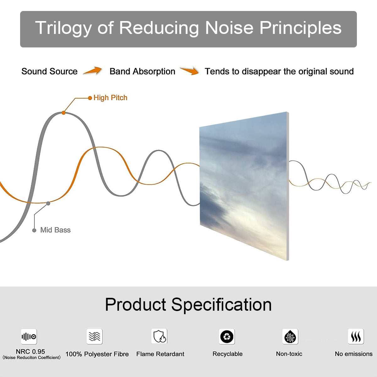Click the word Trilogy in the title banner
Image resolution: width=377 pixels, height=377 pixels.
[63, 28]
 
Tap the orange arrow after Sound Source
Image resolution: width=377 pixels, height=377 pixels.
[93, 71]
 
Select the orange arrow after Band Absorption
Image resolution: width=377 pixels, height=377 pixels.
[189, 71]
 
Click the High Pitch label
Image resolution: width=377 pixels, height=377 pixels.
[110, 98]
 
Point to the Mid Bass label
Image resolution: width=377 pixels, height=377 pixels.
[55, 230]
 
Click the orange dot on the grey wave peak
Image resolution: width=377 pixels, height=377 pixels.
[63, 113]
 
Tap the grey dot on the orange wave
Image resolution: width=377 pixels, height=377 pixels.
[48, 204]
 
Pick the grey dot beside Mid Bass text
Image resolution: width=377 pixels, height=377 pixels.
[34, 230]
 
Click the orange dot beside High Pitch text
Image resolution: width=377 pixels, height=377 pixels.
[90, 98]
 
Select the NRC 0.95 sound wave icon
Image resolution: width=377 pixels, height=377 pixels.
[29, 336]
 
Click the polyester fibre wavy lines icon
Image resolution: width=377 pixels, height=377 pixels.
[95, 336]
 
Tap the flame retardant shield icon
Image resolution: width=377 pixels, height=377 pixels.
[160, 336]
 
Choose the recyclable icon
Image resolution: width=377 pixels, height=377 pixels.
[227, 336]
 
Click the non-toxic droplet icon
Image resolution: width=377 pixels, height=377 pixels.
[290, 336]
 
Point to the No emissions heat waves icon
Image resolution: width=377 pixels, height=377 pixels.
[356, 336]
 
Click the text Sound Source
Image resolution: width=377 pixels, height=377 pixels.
[50, 71]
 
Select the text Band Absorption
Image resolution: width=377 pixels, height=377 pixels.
[142, 72]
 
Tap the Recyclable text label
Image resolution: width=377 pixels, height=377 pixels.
[227, 354]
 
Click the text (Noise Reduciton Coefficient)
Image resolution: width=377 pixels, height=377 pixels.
[31, 358]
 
